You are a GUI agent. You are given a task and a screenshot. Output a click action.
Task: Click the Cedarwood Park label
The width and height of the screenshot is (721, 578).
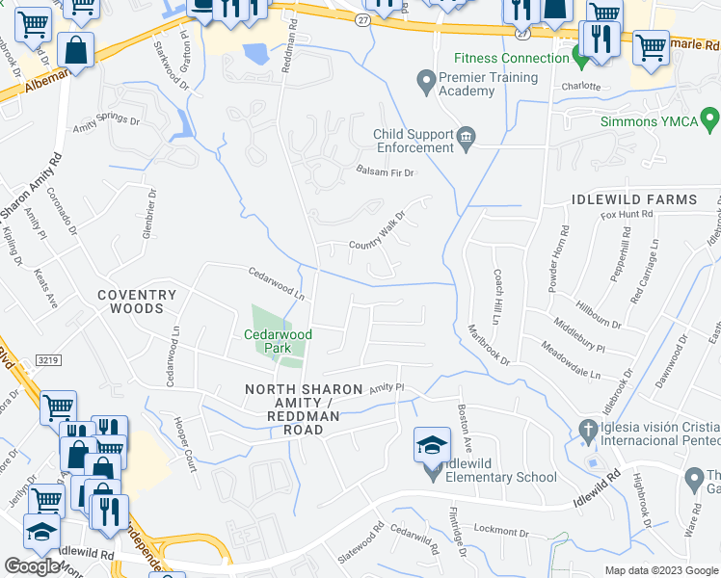click(x=279, y=341)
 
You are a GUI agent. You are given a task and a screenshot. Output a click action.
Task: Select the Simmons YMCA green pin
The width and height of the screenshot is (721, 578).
click(x=710, y=121)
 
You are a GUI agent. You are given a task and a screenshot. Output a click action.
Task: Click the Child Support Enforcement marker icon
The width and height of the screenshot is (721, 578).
click(x=467, y=140)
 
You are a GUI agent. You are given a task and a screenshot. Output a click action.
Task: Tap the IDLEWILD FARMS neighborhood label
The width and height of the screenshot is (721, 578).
click(x=633, y=199)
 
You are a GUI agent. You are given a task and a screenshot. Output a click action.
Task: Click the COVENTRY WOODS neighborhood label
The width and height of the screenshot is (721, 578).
click(x=136, y=302)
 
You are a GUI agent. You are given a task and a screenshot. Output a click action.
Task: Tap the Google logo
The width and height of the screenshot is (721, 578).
click(x=32, y=566)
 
